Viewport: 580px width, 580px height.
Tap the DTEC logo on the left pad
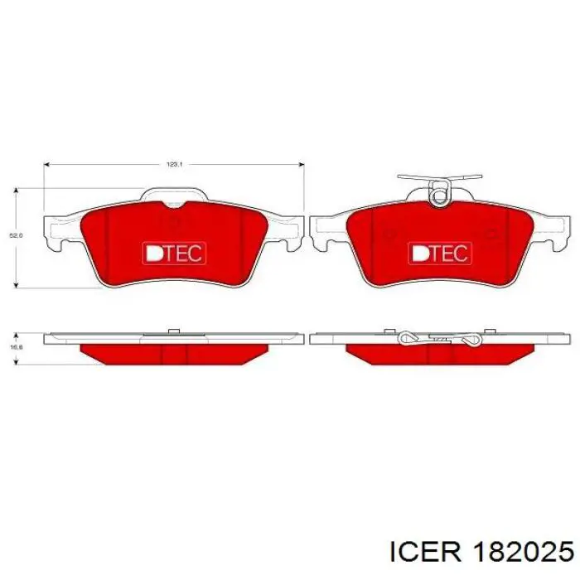173,253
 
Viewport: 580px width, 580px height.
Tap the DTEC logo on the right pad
439,253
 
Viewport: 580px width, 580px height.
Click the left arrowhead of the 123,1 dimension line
46,164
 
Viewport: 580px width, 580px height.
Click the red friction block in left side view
174,353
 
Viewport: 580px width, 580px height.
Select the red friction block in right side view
439,353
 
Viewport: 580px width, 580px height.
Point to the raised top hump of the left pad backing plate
173,193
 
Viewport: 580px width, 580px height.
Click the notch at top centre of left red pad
173,205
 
